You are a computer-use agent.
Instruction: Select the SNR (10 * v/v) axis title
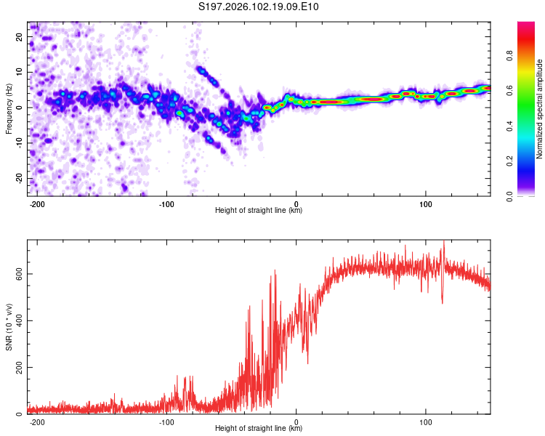point(9,327)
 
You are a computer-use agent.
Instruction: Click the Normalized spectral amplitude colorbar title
point(539,109)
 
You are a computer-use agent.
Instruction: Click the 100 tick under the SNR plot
point(425,422)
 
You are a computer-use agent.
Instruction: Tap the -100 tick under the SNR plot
point(166,422)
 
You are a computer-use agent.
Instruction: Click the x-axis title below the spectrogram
point(259,211)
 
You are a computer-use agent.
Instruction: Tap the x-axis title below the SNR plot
point(259,429)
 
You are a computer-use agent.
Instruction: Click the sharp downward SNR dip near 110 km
point(442,299)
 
